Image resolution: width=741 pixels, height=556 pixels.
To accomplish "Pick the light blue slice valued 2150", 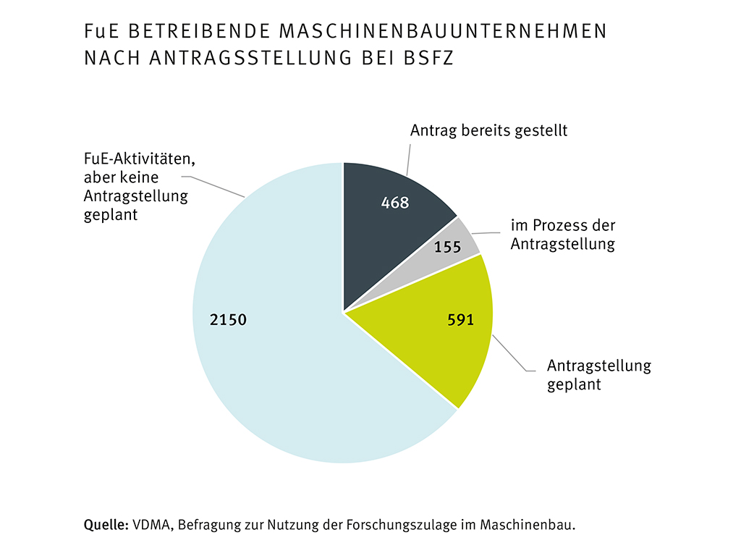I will (289, 362).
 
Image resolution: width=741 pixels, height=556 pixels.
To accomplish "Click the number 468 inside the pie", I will (395, 203).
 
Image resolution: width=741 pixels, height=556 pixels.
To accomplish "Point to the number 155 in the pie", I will (448, 247).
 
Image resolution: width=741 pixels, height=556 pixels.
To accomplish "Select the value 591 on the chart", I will (460, 320).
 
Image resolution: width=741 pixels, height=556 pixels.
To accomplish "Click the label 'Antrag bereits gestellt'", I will (488, 131).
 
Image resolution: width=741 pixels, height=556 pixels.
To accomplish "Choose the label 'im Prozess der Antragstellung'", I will (562, 235).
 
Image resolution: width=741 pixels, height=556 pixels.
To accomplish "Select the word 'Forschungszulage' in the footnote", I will (387, 525).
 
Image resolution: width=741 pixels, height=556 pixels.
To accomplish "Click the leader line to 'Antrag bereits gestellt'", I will (408, 159).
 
